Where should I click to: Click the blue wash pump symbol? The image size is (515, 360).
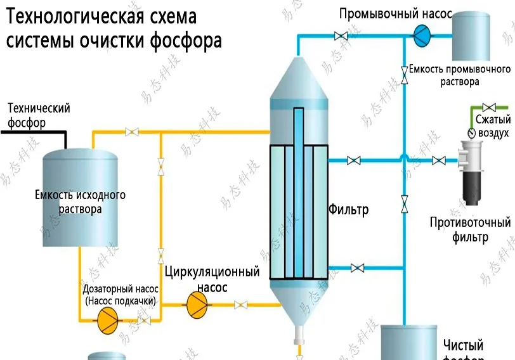(423, 35)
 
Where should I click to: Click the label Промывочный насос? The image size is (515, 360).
(395, 14)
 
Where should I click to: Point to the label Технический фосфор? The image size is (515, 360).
(38, 115)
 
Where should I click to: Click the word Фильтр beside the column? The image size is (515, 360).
(348, 209)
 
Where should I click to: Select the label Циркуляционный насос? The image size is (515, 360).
(212, 280)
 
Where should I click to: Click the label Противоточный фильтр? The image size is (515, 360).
(470, 230)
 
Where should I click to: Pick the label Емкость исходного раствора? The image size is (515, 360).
(80, 202)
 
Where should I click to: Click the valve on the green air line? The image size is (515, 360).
(489, 106)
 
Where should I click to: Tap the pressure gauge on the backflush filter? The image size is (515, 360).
(471, 133)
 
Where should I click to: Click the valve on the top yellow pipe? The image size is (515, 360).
(132, 132)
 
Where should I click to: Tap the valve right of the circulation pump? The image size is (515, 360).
(240, 305)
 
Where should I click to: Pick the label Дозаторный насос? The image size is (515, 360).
(120, 289)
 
